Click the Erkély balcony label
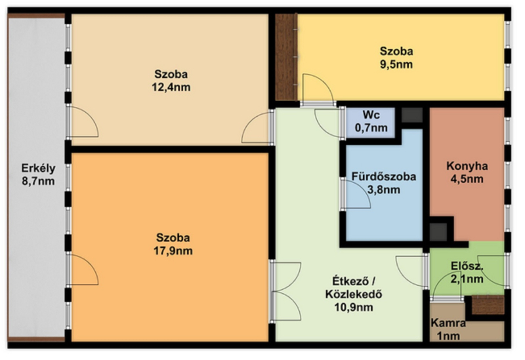[x=38, y=168]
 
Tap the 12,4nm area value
[x=171, y=87]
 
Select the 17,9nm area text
[x=173, y=251]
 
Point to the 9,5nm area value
[x=396, y=64]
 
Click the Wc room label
[x=371, y=115]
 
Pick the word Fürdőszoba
[x=384, y=176]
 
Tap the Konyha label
[x=467, y=166]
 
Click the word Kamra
[x=448, y=323]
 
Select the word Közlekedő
[x=354, y=294]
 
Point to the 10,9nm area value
[x=354, y=308]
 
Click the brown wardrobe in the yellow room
[x=286, y=57]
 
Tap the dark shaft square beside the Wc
[x=412, y=115]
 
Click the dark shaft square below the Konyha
[x=438, y=232]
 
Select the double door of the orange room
[x=287, y=292]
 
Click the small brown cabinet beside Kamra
[x=488, y=305]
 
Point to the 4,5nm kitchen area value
[x=467, y=179]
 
